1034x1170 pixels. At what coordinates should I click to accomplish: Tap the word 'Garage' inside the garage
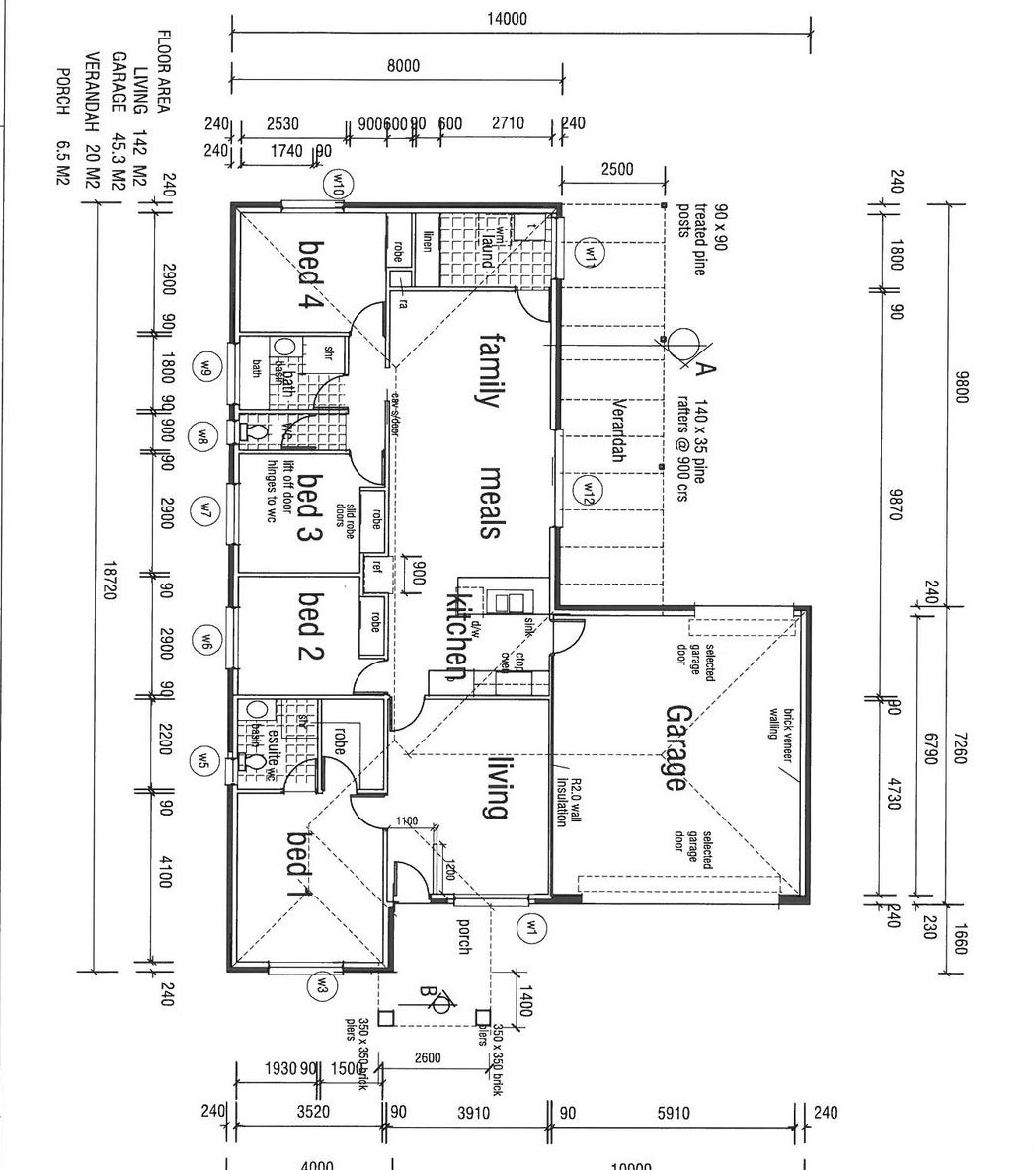coord(676,747)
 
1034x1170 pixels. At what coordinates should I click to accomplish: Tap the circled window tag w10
coord(337,183)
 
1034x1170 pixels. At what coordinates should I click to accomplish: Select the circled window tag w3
coord(323,985)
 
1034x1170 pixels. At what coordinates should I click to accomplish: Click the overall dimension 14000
coord(508,18)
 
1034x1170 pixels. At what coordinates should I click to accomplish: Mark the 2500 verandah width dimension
coord(617,169)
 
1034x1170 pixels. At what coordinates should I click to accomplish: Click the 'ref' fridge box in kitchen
coord(375,569)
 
